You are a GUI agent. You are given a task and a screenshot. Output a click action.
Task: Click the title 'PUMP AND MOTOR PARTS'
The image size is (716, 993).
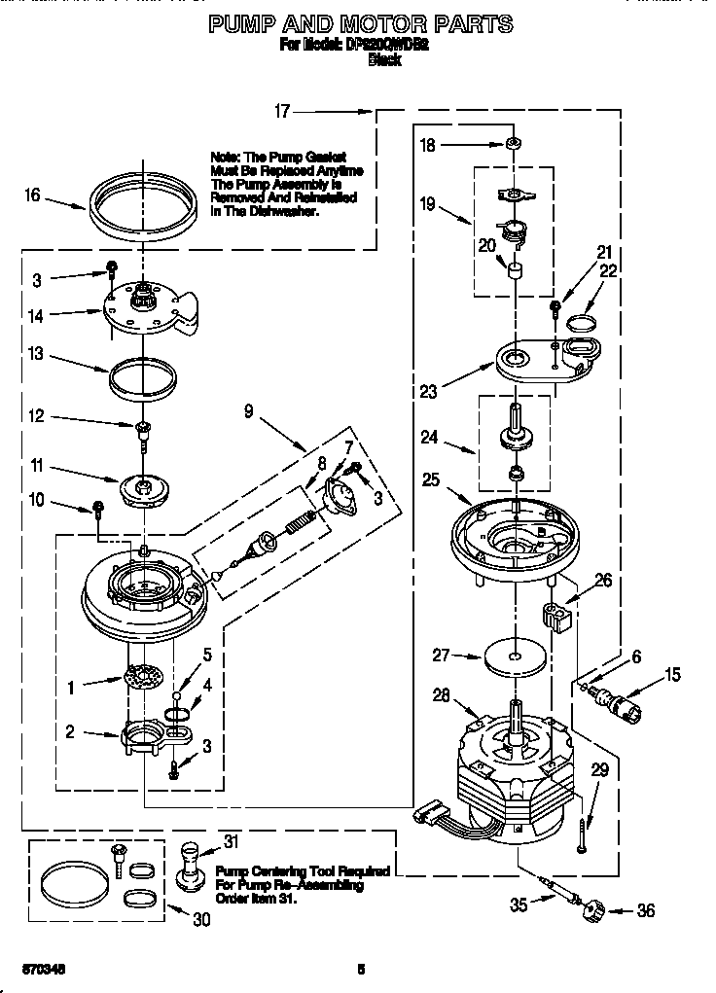[361, 23]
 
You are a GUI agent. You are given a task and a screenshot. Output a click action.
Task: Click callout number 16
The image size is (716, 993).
[33, 195]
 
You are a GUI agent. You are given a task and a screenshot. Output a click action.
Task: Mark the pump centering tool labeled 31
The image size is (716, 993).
[191, 865]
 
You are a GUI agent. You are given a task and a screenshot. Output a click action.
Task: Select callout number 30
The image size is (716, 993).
[200, 917]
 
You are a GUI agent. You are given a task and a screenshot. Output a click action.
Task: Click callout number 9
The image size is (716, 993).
[250, 411]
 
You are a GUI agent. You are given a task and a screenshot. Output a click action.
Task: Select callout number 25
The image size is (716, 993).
[432, 479]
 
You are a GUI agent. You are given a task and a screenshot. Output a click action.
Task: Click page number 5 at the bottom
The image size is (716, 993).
[361, 968]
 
